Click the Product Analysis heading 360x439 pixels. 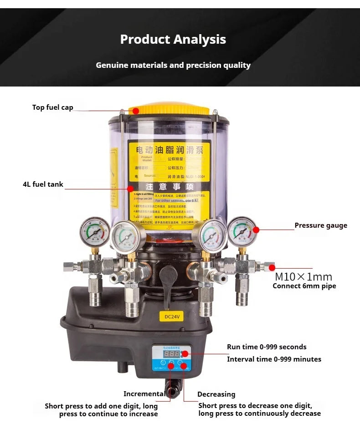coord(173,39)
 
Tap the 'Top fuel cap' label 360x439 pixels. coord(52,107)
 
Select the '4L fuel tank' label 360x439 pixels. coord(43,184)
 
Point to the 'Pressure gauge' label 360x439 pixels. coord(320,225)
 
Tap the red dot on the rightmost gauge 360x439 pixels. coord(256,230)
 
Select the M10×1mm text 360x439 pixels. coord(303,277)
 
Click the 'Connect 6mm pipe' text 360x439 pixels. coord(304,286)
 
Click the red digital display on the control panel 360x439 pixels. coord(171,353)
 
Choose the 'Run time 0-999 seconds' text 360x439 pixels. coord(267,347)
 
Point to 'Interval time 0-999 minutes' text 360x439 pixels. coord(274,359)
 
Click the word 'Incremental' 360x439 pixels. coord(144,394)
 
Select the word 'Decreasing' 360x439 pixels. coord(216,394)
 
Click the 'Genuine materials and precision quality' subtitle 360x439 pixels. coord(173,65)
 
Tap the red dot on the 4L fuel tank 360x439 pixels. coord(130,188)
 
